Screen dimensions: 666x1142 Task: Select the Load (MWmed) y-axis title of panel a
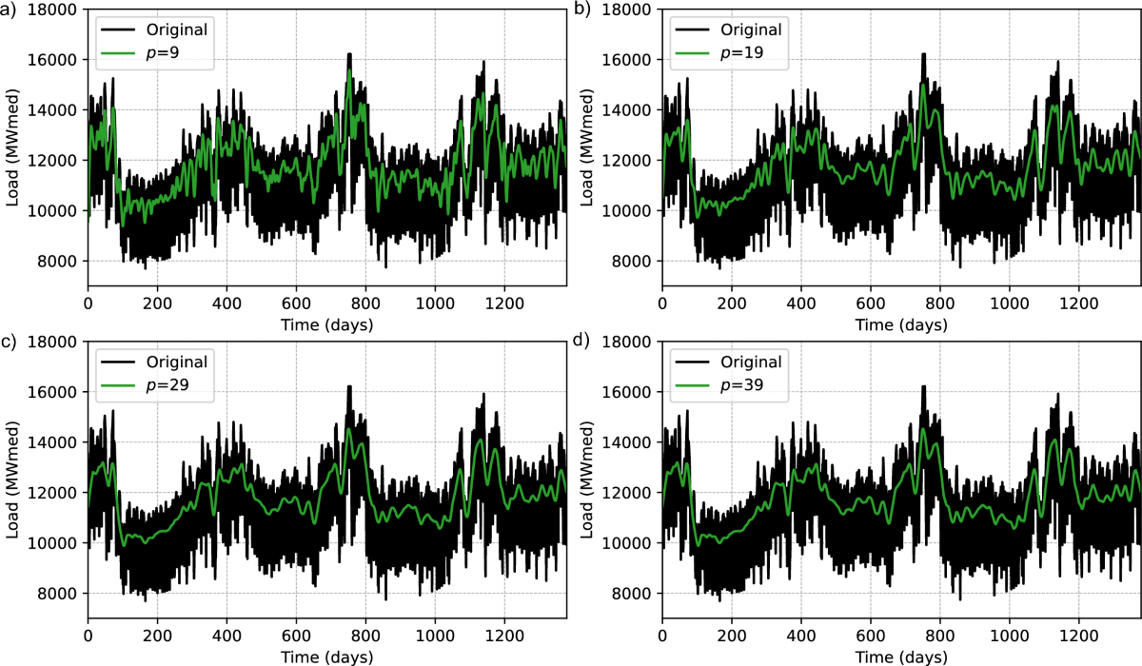pos(13,147)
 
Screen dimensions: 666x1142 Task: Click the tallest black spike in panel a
pos(349,54)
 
